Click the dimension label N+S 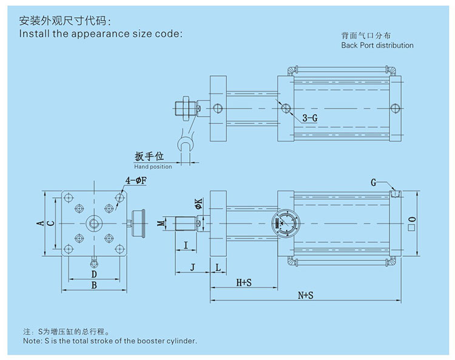tap(306, 295)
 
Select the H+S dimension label tap(244, 282)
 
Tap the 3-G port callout tap(309, 118)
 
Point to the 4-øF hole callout tap(135, 180)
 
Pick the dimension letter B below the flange tap(94, 284)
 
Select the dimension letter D tap(94, 274)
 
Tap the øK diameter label tap(198, 205)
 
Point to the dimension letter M tap(161, 223)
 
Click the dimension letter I tap(186, 245)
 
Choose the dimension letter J tap(192, 267)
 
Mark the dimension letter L tap(217, 267)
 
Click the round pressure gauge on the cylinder tap(286, 223)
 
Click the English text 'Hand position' tap(153, 166)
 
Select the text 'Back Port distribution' tap(377, 46)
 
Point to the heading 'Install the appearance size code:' tap(101, 33)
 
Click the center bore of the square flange tap(95, 223)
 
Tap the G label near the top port tap(374, 182)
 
